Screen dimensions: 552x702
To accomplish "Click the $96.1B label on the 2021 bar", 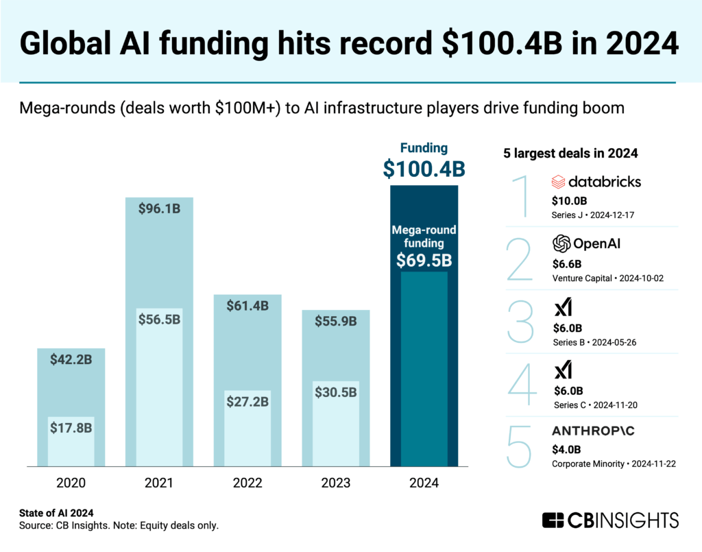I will click(159, 208).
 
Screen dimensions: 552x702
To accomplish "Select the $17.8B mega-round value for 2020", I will click(71, 427).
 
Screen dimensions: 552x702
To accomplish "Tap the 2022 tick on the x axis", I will click(247, 483).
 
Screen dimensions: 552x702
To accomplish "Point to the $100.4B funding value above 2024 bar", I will click(424, 169).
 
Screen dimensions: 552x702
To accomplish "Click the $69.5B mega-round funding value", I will click(424, 261).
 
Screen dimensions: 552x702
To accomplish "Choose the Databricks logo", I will click(596, 182).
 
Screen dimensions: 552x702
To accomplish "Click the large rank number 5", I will click(519, 447).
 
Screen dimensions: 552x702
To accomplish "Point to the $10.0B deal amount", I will click(570, 200).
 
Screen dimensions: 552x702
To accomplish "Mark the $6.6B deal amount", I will click(567, 263).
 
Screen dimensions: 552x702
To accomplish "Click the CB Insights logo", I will click(609, 520).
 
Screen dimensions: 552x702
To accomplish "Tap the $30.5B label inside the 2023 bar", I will click(336, 392).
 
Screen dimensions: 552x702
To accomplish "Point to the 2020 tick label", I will click(71, 483).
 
